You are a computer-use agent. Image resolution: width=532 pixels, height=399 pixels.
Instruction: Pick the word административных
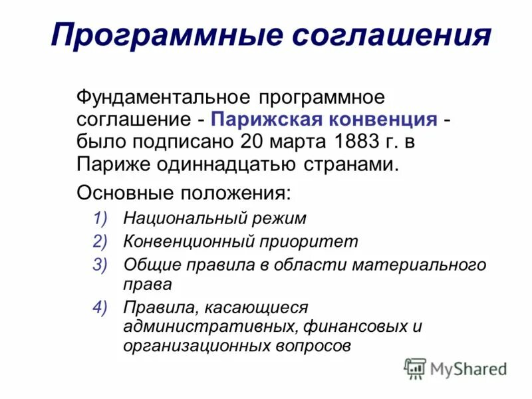click(210, 327)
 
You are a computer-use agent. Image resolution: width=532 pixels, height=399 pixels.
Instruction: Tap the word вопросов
click(312, 346)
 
